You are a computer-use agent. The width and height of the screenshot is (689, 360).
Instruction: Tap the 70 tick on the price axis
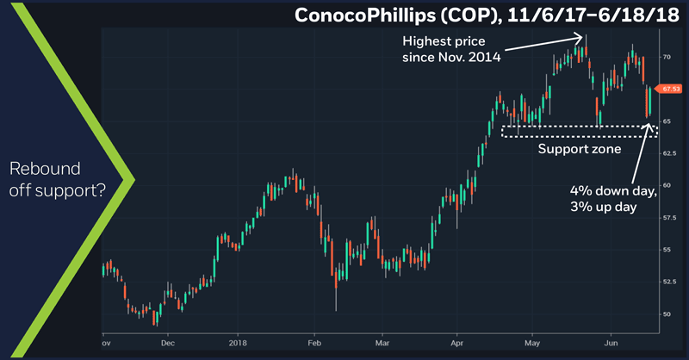point(667,57)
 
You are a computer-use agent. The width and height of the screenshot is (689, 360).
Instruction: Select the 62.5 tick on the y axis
point(669,152)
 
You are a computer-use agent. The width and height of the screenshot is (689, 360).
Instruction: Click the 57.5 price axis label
point(669,217)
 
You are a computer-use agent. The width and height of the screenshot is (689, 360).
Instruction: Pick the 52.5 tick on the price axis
point(669,282)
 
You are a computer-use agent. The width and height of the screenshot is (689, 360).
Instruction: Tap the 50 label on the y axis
point(667,313)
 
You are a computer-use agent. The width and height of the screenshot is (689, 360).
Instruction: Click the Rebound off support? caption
point(55,178)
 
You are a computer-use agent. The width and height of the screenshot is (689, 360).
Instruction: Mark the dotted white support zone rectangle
point(579,131)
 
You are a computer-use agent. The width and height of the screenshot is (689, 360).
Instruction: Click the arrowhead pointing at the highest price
point(581,37)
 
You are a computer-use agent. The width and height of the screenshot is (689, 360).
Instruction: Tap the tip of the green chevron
point(133,180)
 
